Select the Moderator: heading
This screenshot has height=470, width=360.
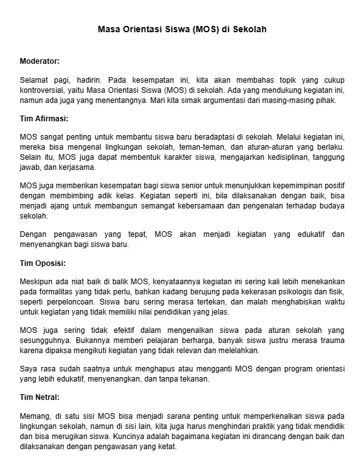click(x=40, y=61)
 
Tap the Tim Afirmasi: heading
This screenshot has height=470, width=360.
click(x=44, y=118)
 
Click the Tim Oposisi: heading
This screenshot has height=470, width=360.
click(x=44, y=262)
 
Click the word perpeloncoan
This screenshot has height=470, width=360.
click(x=72, y=302)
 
